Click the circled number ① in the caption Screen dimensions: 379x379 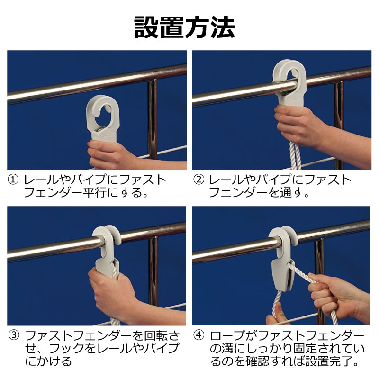(14, 180)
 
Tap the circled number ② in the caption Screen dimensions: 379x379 (199, 180)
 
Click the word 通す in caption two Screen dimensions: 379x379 (289, 193)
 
